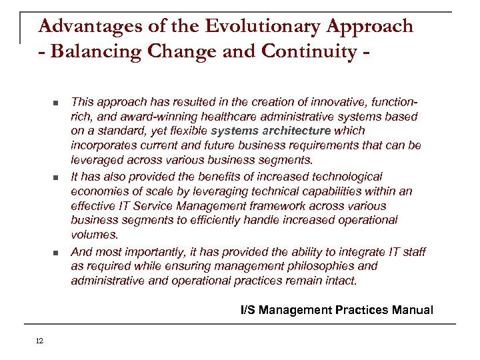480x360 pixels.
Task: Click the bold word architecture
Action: [x=297, y=131]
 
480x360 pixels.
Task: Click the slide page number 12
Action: [x=39, y=341]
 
